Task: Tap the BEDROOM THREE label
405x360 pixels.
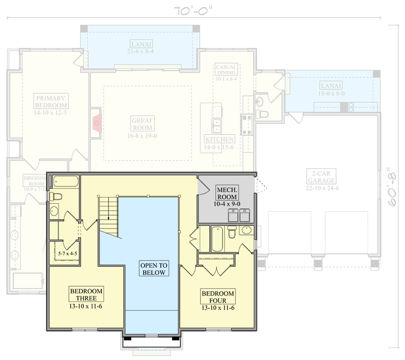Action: [86, 294]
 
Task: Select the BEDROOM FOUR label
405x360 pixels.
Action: [218, 297]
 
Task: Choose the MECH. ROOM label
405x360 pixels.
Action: [227, 192]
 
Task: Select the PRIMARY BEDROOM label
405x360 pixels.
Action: [51, 102]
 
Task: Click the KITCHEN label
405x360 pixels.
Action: [219, 139]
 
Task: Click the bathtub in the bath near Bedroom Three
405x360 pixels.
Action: [66, 182]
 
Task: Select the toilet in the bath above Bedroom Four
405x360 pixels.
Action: [232, 232]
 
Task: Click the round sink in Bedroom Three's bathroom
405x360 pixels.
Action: [54, 211]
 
